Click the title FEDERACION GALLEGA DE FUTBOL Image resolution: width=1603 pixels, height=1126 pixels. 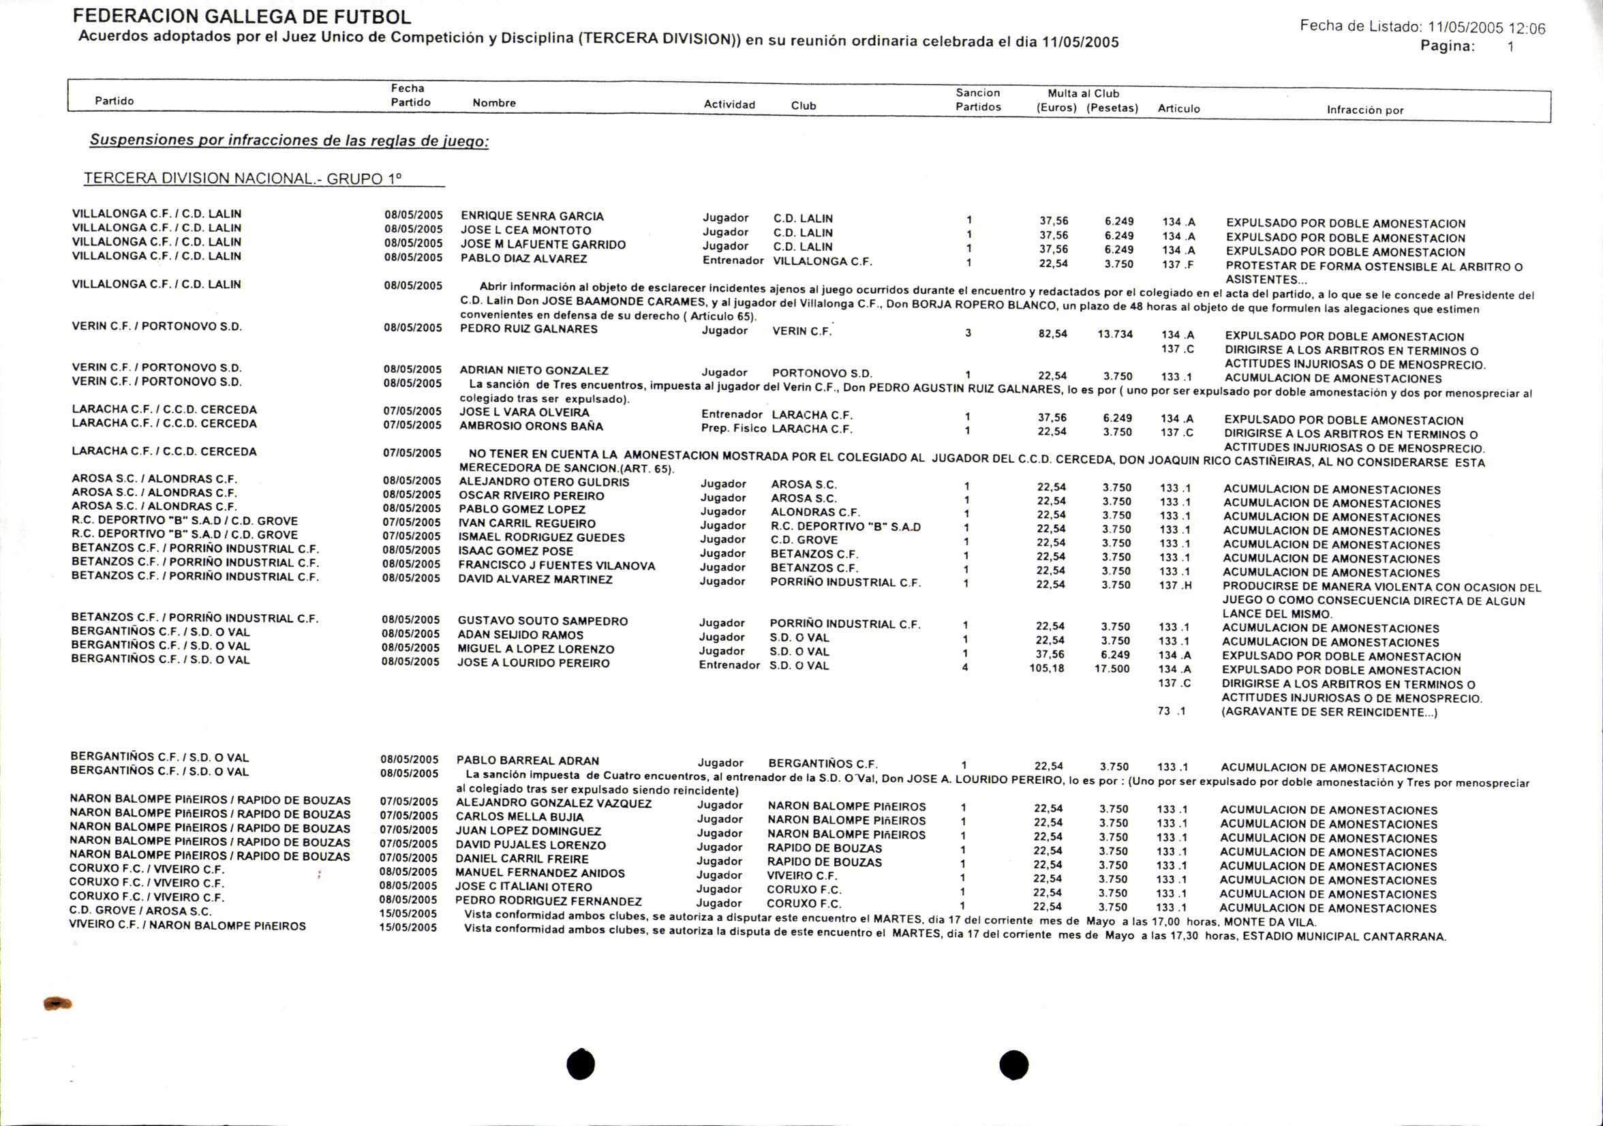point(241,16)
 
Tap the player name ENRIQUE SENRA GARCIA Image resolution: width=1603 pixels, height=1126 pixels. point(532,216)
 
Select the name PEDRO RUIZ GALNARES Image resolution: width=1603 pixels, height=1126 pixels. point(528,329)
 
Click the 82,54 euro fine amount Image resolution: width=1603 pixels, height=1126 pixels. point(1053,334)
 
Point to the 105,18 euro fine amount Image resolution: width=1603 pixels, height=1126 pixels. point(1047,669)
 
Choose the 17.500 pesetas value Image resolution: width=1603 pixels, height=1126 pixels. point(1112,669)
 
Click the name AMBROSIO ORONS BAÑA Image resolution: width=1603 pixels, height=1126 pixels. point(531,426)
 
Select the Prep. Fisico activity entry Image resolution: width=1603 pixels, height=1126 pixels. point(733,429)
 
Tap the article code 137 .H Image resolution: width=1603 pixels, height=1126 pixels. point(1175,585)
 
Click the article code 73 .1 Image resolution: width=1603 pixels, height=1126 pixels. point(1172,711)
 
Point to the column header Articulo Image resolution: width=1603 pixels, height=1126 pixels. point(1178,108)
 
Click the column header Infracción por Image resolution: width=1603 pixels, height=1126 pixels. point(1364,110)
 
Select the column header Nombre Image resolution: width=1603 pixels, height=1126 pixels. point(494,103)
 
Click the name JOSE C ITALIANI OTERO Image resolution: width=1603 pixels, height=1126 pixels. point(523,887)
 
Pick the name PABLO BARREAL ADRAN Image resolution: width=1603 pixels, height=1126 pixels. point(527,761)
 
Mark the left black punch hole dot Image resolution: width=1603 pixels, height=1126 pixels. point(581,1064)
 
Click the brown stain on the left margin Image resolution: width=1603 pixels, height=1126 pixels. point(57,1004)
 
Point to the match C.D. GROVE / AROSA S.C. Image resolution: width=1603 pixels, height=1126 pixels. point(140,911)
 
